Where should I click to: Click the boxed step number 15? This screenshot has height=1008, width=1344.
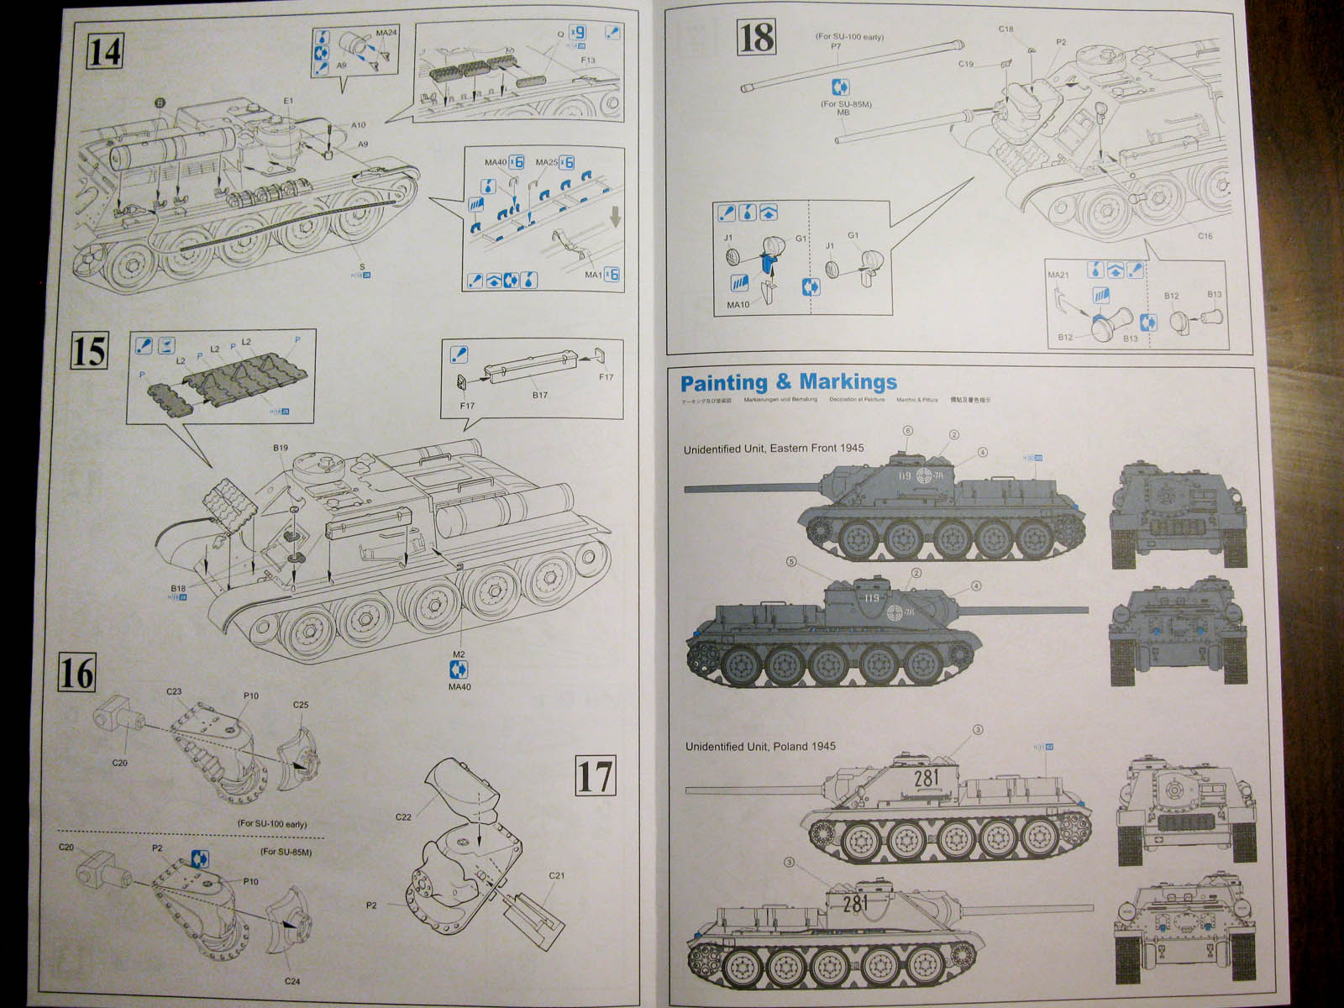[x=89, y=351]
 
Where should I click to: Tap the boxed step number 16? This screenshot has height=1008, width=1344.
[x=76, y=673]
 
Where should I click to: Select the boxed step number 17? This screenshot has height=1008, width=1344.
[x=595, y=775]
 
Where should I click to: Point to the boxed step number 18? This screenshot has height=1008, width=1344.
[x=756, y=38]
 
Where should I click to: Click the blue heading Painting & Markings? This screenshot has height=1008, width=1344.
[x=788, y=383]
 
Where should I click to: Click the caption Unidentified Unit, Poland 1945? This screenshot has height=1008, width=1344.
[x=760, y=746]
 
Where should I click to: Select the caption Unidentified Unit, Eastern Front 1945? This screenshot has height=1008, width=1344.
[x=773, y=449]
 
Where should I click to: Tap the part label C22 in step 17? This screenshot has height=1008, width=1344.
[x=403, y=816]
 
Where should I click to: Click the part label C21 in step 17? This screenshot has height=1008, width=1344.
[x=556, y=875]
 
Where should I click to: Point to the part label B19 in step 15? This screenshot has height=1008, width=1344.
[x=281, y=448]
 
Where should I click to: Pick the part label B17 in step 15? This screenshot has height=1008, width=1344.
[x=539, y=395]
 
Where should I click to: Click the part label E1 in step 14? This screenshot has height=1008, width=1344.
[x=288, y=101]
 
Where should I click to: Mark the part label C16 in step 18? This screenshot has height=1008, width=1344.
[x=1205, y=236]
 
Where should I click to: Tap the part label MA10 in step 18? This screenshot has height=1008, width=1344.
[x=738, y=304]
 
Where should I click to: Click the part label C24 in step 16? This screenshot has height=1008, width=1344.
[x=291, y=981]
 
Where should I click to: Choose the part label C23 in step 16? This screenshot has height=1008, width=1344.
[x=174, y=691]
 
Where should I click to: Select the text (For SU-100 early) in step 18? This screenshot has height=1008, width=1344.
[x=849, y=37]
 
